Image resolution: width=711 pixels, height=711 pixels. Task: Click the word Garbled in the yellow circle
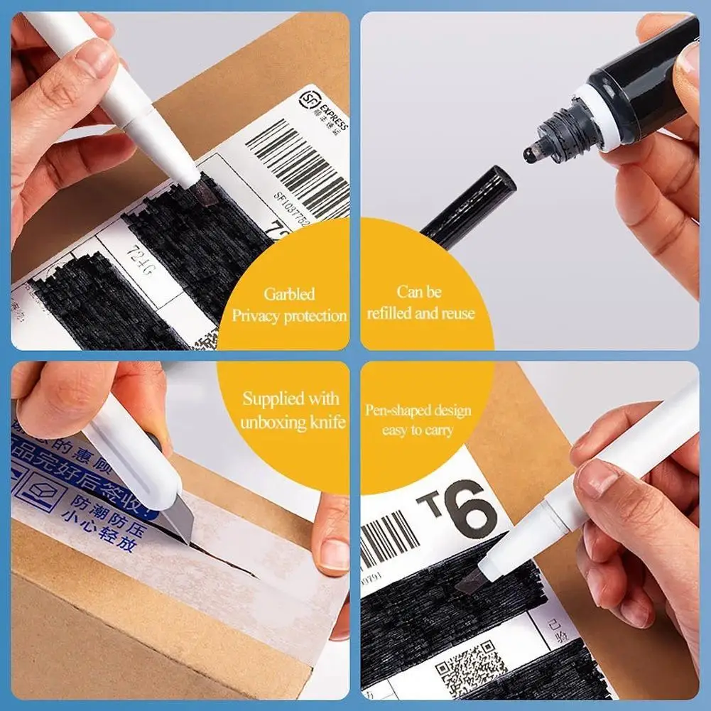[x=289, y=294]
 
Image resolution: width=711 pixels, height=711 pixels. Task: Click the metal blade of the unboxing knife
[x=177, y=522]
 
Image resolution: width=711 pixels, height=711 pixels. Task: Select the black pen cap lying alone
[x=469, y=206]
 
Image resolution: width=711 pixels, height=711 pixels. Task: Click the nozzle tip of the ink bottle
[x=531, y=153]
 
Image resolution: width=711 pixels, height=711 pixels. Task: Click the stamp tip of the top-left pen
[x=204, y=190]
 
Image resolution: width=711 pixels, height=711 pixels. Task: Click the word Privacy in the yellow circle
[x=256, y=315]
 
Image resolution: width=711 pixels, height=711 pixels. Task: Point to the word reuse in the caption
[x=455, y=313]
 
